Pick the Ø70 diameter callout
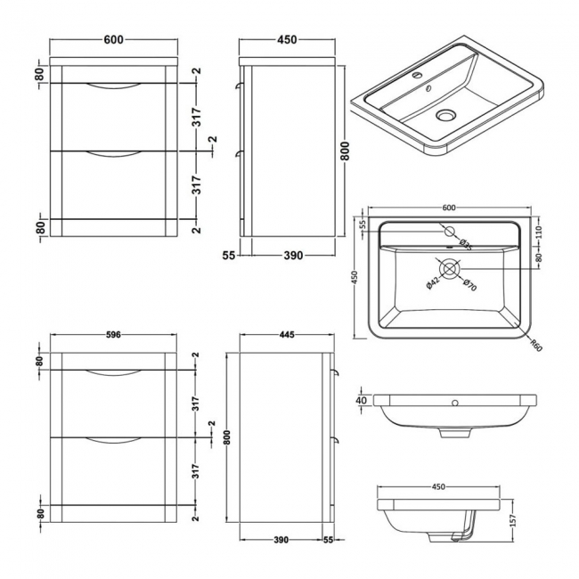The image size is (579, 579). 470,284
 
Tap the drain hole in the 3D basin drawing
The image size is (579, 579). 445,114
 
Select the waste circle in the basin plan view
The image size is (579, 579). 450,266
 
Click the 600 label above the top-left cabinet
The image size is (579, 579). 113,39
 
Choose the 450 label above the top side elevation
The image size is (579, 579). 287,39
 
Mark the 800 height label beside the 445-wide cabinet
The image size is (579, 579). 231,439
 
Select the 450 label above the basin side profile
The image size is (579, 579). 437,487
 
